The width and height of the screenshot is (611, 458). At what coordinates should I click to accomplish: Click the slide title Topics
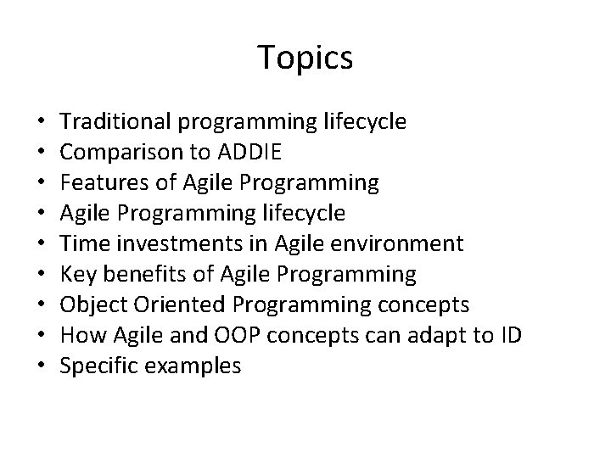click(x=305, y=59)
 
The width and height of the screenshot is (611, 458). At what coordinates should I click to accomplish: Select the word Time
click(x=83, y=244)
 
